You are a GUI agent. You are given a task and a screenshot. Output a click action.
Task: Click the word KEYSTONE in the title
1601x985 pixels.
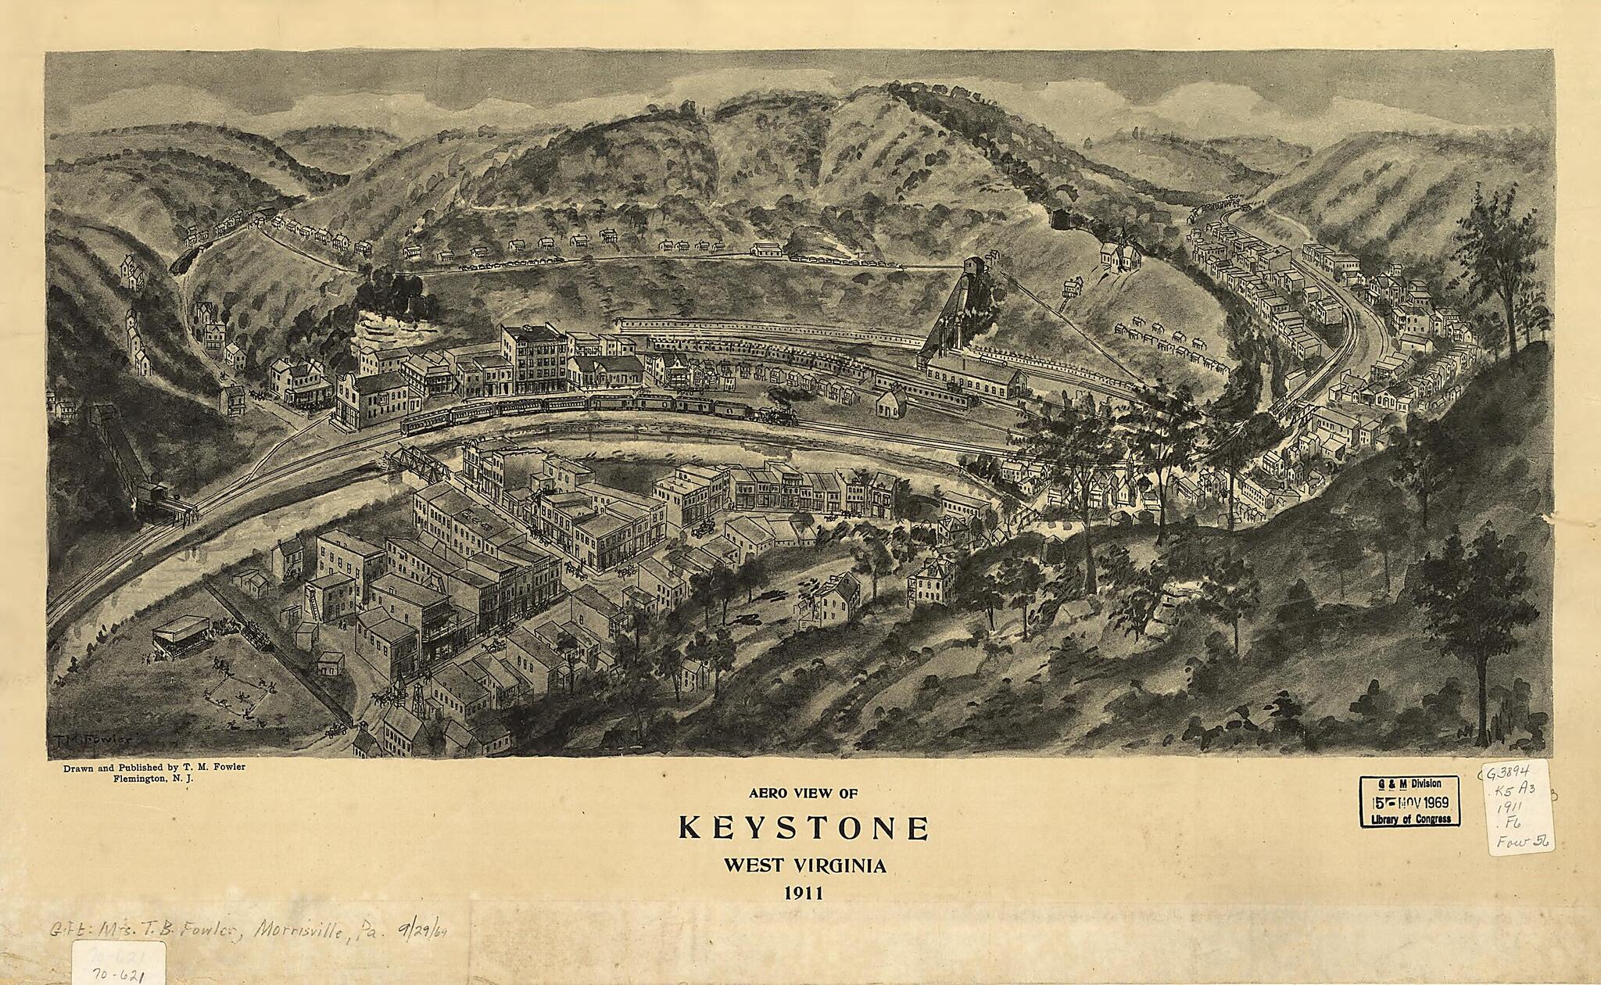click(x=803, y=828)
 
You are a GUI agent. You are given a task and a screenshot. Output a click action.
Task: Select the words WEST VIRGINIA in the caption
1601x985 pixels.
click(x=804, y=866)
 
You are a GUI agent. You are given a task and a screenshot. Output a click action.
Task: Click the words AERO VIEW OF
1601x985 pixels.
click(x=803, y=793)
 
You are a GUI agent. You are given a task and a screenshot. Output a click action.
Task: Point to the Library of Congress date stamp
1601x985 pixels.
click(x=1409, y=801)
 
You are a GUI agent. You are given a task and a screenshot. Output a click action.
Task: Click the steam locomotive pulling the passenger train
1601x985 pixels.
click(x=780, y=414)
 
